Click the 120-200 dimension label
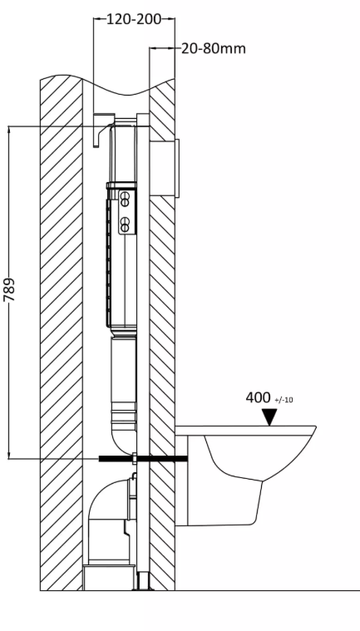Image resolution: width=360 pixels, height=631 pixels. point(134,19)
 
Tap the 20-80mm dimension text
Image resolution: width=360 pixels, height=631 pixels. point(214,49)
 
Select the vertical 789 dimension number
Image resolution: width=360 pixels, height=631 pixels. point(9,290)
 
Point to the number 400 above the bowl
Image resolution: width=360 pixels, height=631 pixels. point(259,397)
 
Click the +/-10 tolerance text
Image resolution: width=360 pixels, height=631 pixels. point(284,400)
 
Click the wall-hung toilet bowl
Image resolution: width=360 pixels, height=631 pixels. point(245,475)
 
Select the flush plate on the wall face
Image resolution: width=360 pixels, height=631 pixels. point(177,168)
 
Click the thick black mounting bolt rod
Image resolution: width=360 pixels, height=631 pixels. point(143,458)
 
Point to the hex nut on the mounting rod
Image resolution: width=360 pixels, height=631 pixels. point(135,458)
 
